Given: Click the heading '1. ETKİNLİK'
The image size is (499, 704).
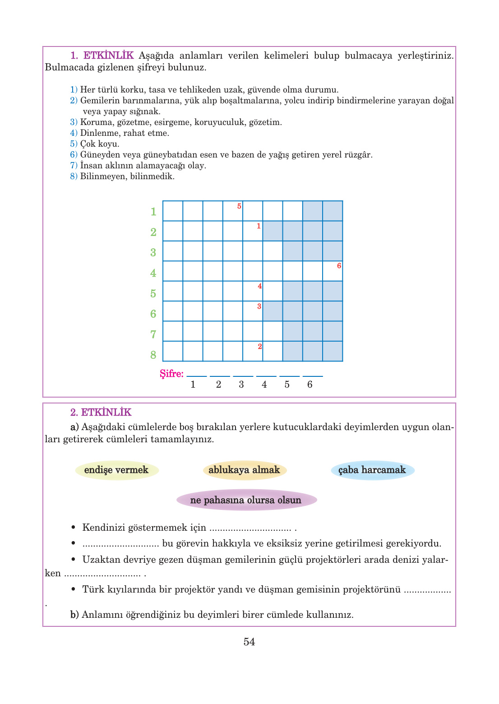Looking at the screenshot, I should coord(102,56).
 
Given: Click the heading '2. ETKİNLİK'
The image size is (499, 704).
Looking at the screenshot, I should coord(101,412).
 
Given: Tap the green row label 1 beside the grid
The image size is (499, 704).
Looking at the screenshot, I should coord(153,212).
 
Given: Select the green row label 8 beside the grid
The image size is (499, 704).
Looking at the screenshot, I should coord(153,355).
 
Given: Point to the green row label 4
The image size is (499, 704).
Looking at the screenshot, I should coord(153,273).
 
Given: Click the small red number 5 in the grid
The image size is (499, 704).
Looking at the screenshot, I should coord(239,206).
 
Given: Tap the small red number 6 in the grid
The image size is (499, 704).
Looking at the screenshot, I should coord(339,266).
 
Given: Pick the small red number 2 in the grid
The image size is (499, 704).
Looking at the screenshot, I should coord(260,347).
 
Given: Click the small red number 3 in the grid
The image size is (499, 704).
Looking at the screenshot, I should coord(259,306).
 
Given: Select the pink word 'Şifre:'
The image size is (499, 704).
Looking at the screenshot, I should coord(171,374).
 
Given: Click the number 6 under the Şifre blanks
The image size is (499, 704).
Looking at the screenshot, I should coord(310,384).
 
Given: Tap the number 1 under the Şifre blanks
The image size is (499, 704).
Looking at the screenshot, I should coord(193,384).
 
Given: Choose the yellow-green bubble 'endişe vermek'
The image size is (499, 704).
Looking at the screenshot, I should coord(116,470).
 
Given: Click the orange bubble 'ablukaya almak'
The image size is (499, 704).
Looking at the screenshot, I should coord(244,470).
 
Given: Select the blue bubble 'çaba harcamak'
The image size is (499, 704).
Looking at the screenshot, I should coord(372,470).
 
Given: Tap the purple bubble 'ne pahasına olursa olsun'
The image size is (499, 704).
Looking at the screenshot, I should coord(246,500).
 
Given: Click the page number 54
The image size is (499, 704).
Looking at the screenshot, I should coord(249,642).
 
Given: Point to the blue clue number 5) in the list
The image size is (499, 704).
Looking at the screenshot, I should coord(74,144).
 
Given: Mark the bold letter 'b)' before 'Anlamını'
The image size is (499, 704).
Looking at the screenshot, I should coord(74,615).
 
